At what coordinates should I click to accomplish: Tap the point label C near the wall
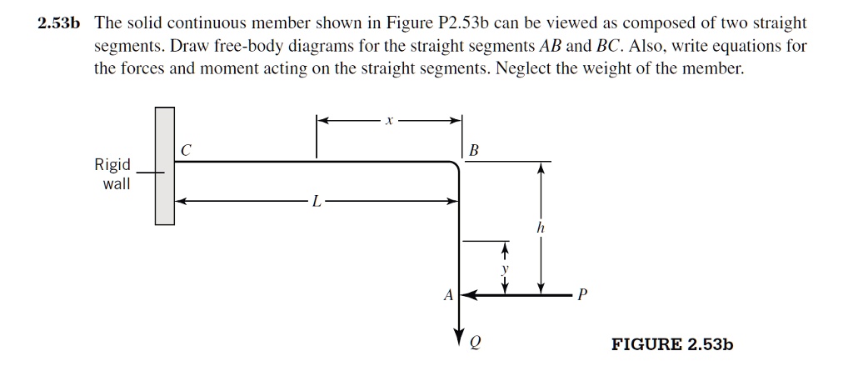(x=186, y=150)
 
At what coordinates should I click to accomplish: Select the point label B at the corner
(x=474, y=151)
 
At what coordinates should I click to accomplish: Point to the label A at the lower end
(x=448, y=294)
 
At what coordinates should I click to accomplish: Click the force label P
(x=582, y=295)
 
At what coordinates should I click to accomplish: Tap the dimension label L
(x=315, y=201)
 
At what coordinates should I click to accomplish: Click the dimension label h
(x=541, y=226)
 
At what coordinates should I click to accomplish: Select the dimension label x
(x=388, y=122)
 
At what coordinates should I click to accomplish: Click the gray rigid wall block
(x=165, y=167)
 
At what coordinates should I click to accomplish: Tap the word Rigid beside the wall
(x=112, y=165)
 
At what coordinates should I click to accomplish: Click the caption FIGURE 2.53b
(x=672, y=343)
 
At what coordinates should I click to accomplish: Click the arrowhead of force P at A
(x=468, y=294)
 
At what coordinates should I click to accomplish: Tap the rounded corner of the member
(x=455, y=167)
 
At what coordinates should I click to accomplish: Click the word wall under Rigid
(x=116, y=183)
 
